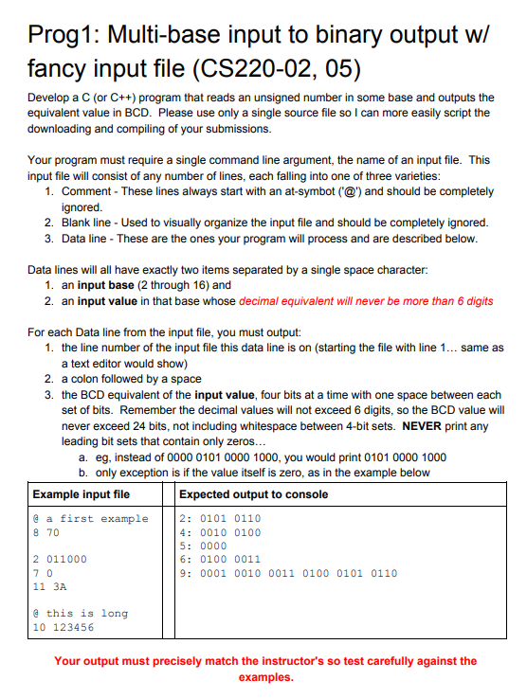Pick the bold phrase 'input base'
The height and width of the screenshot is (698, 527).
(107, 285)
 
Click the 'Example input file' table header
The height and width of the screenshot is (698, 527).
(82, 494)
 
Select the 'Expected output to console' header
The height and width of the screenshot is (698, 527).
(253, 494)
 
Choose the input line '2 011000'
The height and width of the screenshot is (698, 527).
(60, 559)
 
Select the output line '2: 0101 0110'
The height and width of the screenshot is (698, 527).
(219, 518)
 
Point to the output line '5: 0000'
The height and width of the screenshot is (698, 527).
(202, 546)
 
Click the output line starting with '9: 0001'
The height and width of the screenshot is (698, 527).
(287, 573)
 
